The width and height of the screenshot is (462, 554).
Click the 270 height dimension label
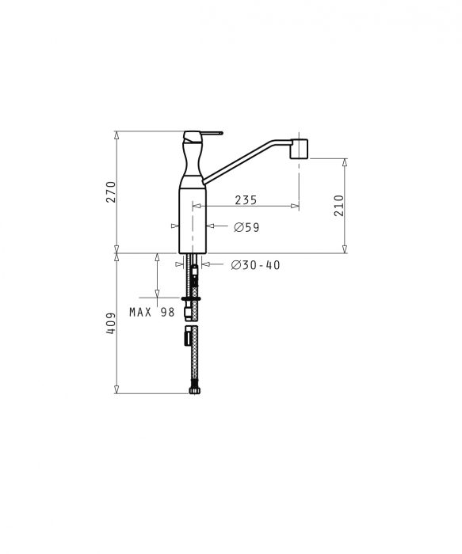[111, 192]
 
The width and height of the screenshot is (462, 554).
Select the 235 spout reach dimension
[246, 200]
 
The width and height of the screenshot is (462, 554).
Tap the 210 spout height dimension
[338, 205]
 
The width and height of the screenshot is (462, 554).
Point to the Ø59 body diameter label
[246, 227]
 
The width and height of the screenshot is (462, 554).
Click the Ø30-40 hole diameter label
[255, 265]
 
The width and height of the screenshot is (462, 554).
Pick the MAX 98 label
[152, 312]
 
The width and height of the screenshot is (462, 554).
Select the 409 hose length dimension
[111, 323]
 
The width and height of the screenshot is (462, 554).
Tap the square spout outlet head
[299, 149]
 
